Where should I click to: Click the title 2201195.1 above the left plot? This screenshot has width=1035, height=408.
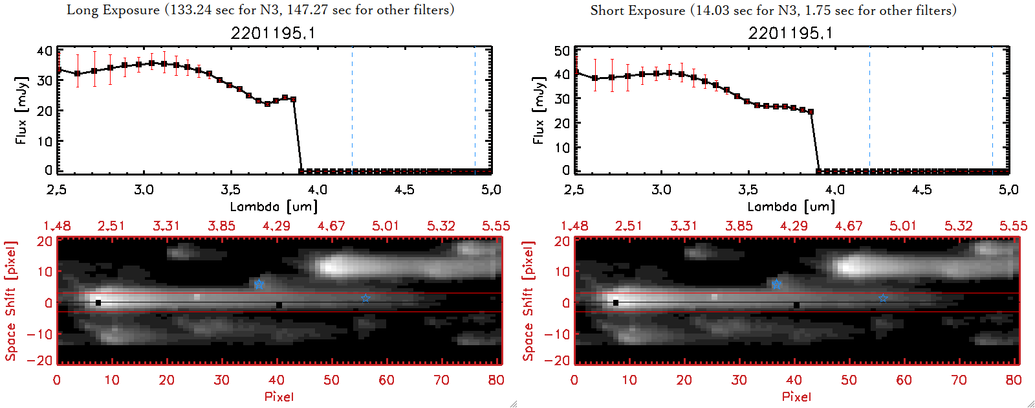point(273,33)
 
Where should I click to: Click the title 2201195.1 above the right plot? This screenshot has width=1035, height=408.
point(790,33)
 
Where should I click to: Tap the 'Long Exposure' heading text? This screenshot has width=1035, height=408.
point(113,10)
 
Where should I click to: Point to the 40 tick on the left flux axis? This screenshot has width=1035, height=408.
point(45,51)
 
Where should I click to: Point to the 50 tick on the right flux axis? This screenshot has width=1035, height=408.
point(562,51)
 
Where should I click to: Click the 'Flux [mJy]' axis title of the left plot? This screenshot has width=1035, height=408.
point(21,111)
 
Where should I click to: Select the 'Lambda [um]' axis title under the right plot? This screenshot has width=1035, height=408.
point(791,207)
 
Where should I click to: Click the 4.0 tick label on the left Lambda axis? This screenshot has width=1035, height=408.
point(317,190)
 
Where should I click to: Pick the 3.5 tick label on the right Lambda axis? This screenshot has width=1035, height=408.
point(748,190)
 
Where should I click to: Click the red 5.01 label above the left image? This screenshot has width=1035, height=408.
point(386,226)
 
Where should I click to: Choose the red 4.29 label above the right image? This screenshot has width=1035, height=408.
point(794,226)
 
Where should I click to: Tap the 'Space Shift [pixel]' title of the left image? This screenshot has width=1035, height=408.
point(11,301)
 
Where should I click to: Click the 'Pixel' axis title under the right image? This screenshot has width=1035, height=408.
point(796,396)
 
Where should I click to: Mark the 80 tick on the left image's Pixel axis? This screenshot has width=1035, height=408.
point(496,380)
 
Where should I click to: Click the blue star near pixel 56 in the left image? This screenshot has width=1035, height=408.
point(366,298)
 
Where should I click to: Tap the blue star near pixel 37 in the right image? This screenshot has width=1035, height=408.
point(776,284)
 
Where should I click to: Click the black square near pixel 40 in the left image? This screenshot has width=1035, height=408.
point(279,305)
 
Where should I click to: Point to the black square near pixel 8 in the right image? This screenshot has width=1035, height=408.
point(616,302)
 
